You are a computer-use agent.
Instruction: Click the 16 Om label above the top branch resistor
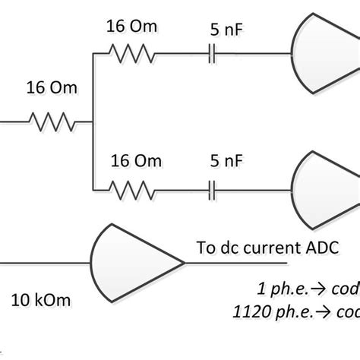pyautogui.click(x=133, y=27)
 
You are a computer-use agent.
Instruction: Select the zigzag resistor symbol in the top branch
pyautogui.click(x=133, y=54)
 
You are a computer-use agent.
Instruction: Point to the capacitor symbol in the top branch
pyautogui.click(x=213, y=54)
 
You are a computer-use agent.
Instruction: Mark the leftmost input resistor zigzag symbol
pyautogui.click(x=52, y=121)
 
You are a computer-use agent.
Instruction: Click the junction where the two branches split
pyautogui.click(x=91, y=121)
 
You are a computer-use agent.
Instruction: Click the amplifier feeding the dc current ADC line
pyautogui.click(x=133, y=264)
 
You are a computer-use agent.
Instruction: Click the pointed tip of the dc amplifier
pyautogui.click(x=184, y=264)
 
